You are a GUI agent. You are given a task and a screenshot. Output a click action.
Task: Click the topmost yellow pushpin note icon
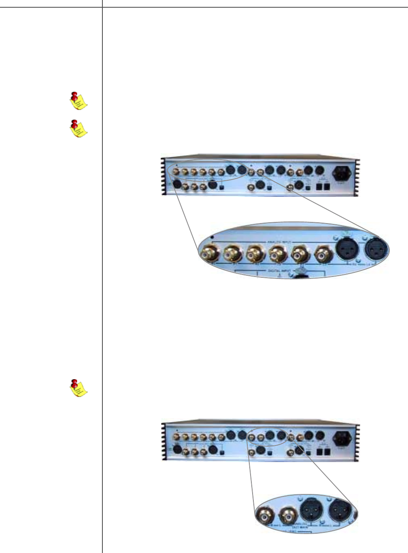click(x=78, y=101)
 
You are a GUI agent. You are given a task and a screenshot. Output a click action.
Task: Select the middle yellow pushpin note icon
click(x=78, y=128)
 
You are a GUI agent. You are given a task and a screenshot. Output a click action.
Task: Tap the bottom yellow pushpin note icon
click(x=78, y=388)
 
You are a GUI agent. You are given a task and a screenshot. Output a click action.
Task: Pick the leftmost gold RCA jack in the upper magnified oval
click(x=210, y=254)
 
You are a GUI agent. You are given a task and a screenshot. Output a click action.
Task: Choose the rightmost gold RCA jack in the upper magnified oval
click(x=323, y=255)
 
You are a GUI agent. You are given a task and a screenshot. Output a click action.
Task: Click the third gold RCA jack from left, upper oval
click(x=256, y=254)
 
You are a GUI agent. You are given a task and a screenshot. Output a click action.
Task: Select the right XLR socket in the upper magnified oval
click(x=376, y=250)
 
